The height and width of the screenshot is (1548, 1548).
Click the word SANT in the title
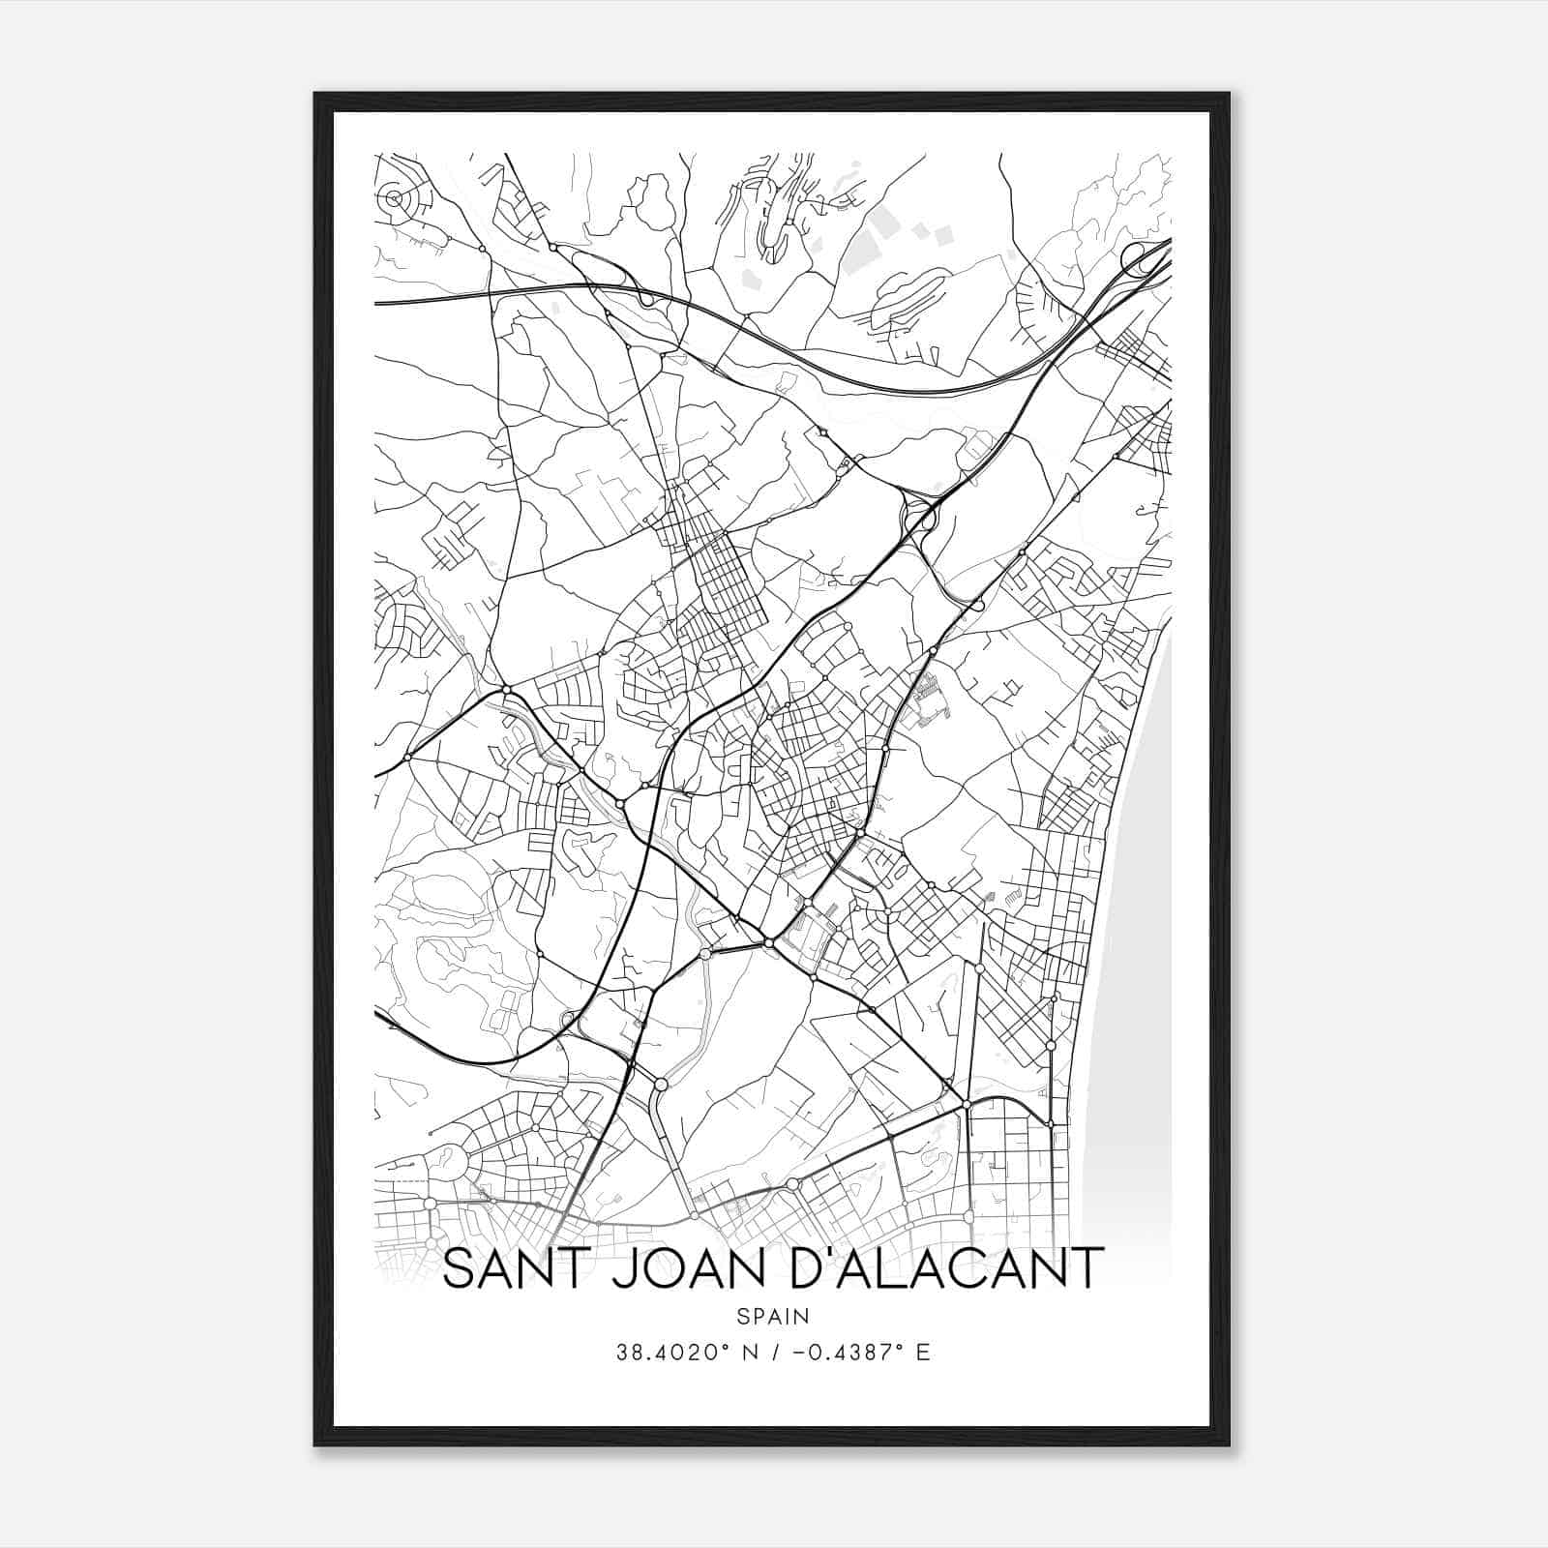(x=513, y=1268)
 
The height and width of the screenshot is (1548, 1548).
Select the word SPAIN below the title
(x=772, y=1316)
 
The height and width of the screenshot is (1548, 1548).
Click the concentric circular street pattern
(x=393, y=199)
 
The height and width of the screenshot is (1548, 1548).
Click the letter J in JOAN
(x=620, y=1268)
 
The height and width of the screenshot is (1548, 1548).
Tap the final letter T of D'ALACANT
(x=1087, y=1268)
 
